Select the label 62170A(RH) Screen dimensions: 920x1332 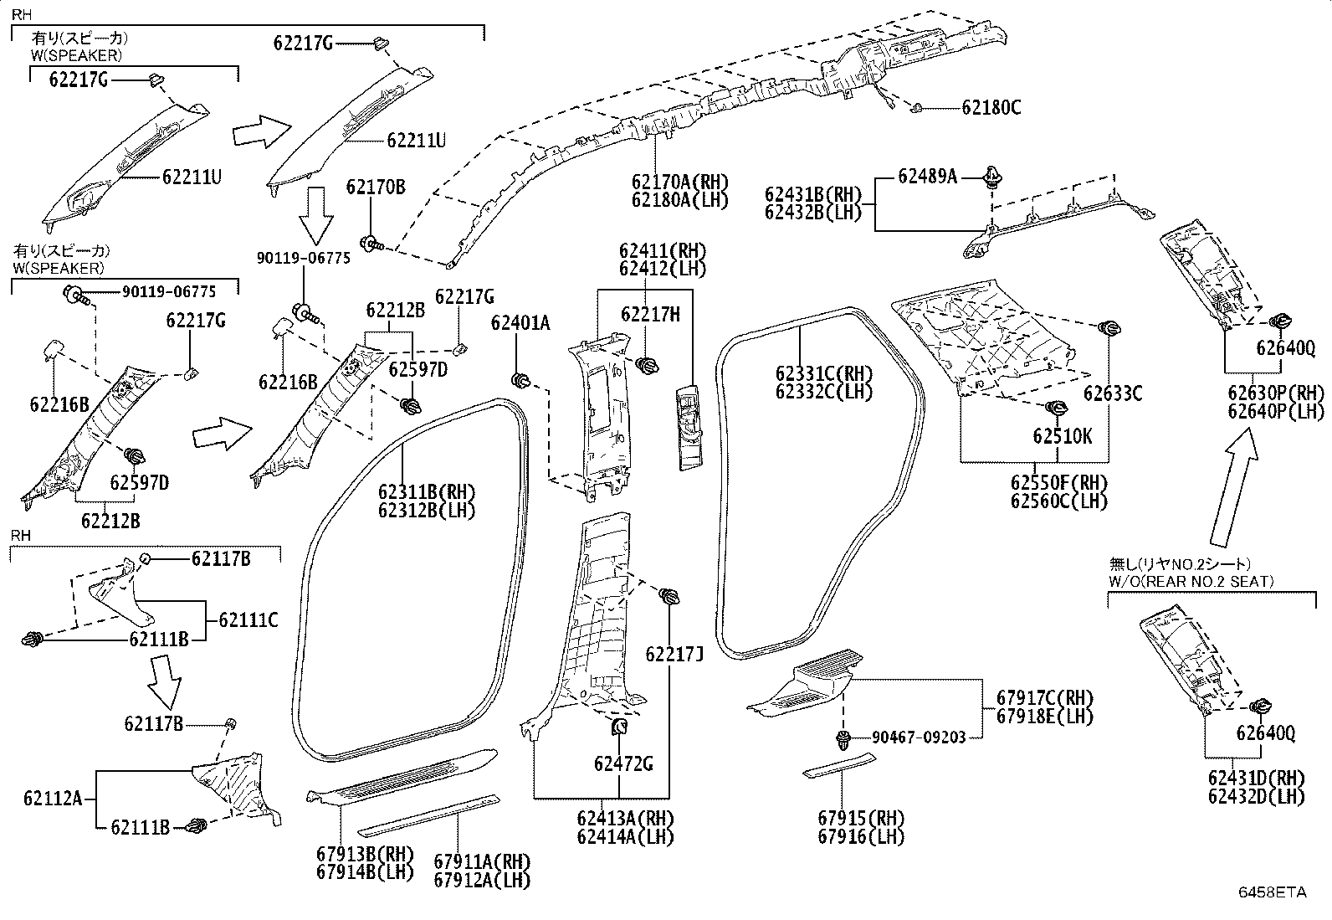click(680, 182)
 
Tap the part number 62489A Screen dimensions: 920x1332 click(927, 177)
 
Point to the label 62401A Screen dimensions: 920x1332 click(520, 323)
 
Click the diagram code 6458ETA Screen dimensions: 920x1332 click(1272, 892)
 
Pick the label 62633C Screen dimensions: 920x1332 click(1113, 393)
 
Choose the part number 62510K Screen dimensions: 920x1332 click(1062, 436)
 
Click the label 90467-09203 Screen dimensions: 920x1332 click(919, 738)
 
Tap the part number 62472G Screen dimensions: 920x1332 click(623, 763)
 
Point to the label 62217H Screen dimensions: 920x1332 click(650, 314)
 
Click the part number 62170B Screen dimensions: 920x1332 click(376, 187)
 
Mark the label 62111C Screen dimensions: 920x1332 click(248, 620)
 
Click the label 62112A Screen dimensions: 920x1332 click(53, 799)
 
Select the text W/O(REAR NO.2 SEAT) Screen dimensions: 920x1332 click(1191, 582)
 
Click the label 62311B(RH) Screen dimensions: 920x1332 click(427, 491)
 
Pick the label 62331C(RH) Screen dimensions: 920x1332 click(824, 373)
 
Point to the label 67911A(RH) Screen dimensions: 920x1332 click(482, 861)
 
